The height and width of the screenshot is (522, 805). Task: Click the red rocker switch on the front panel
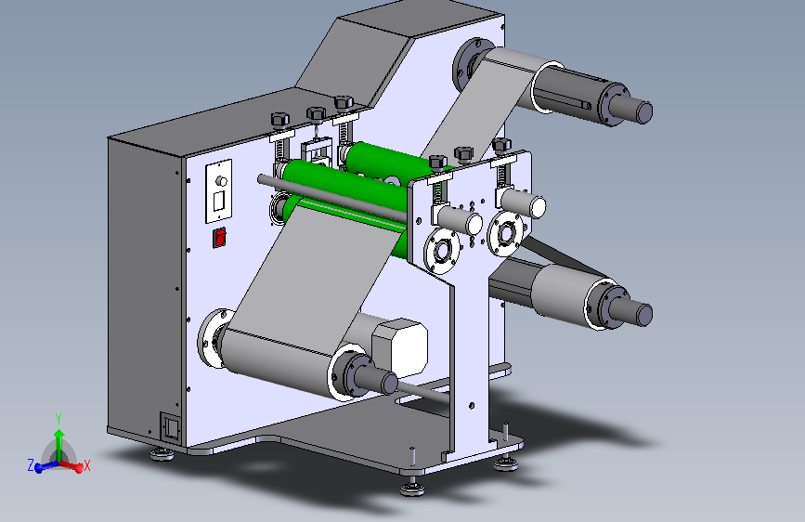pyautogui.click(x=220, y=238)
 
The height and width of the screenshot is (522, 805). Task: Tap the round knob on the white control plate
pyautogui.click(x=221, y=181)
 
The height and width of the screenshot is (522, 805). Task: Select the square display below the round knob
pyautogui.click(x=219, y=201)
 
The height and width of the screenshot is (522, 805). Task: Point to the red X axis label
pyautogui.click(x=86, y=466)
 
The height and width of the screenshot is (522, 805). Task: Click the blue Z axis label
pyautogui.click(x=31, y=465)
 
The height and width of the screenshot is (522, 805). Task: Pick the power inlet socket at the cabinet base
pyautogui.click(x=171, y=427)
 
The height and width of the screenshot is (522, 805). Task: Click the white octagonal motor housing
pyautogui.click(x=399, y=346)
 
